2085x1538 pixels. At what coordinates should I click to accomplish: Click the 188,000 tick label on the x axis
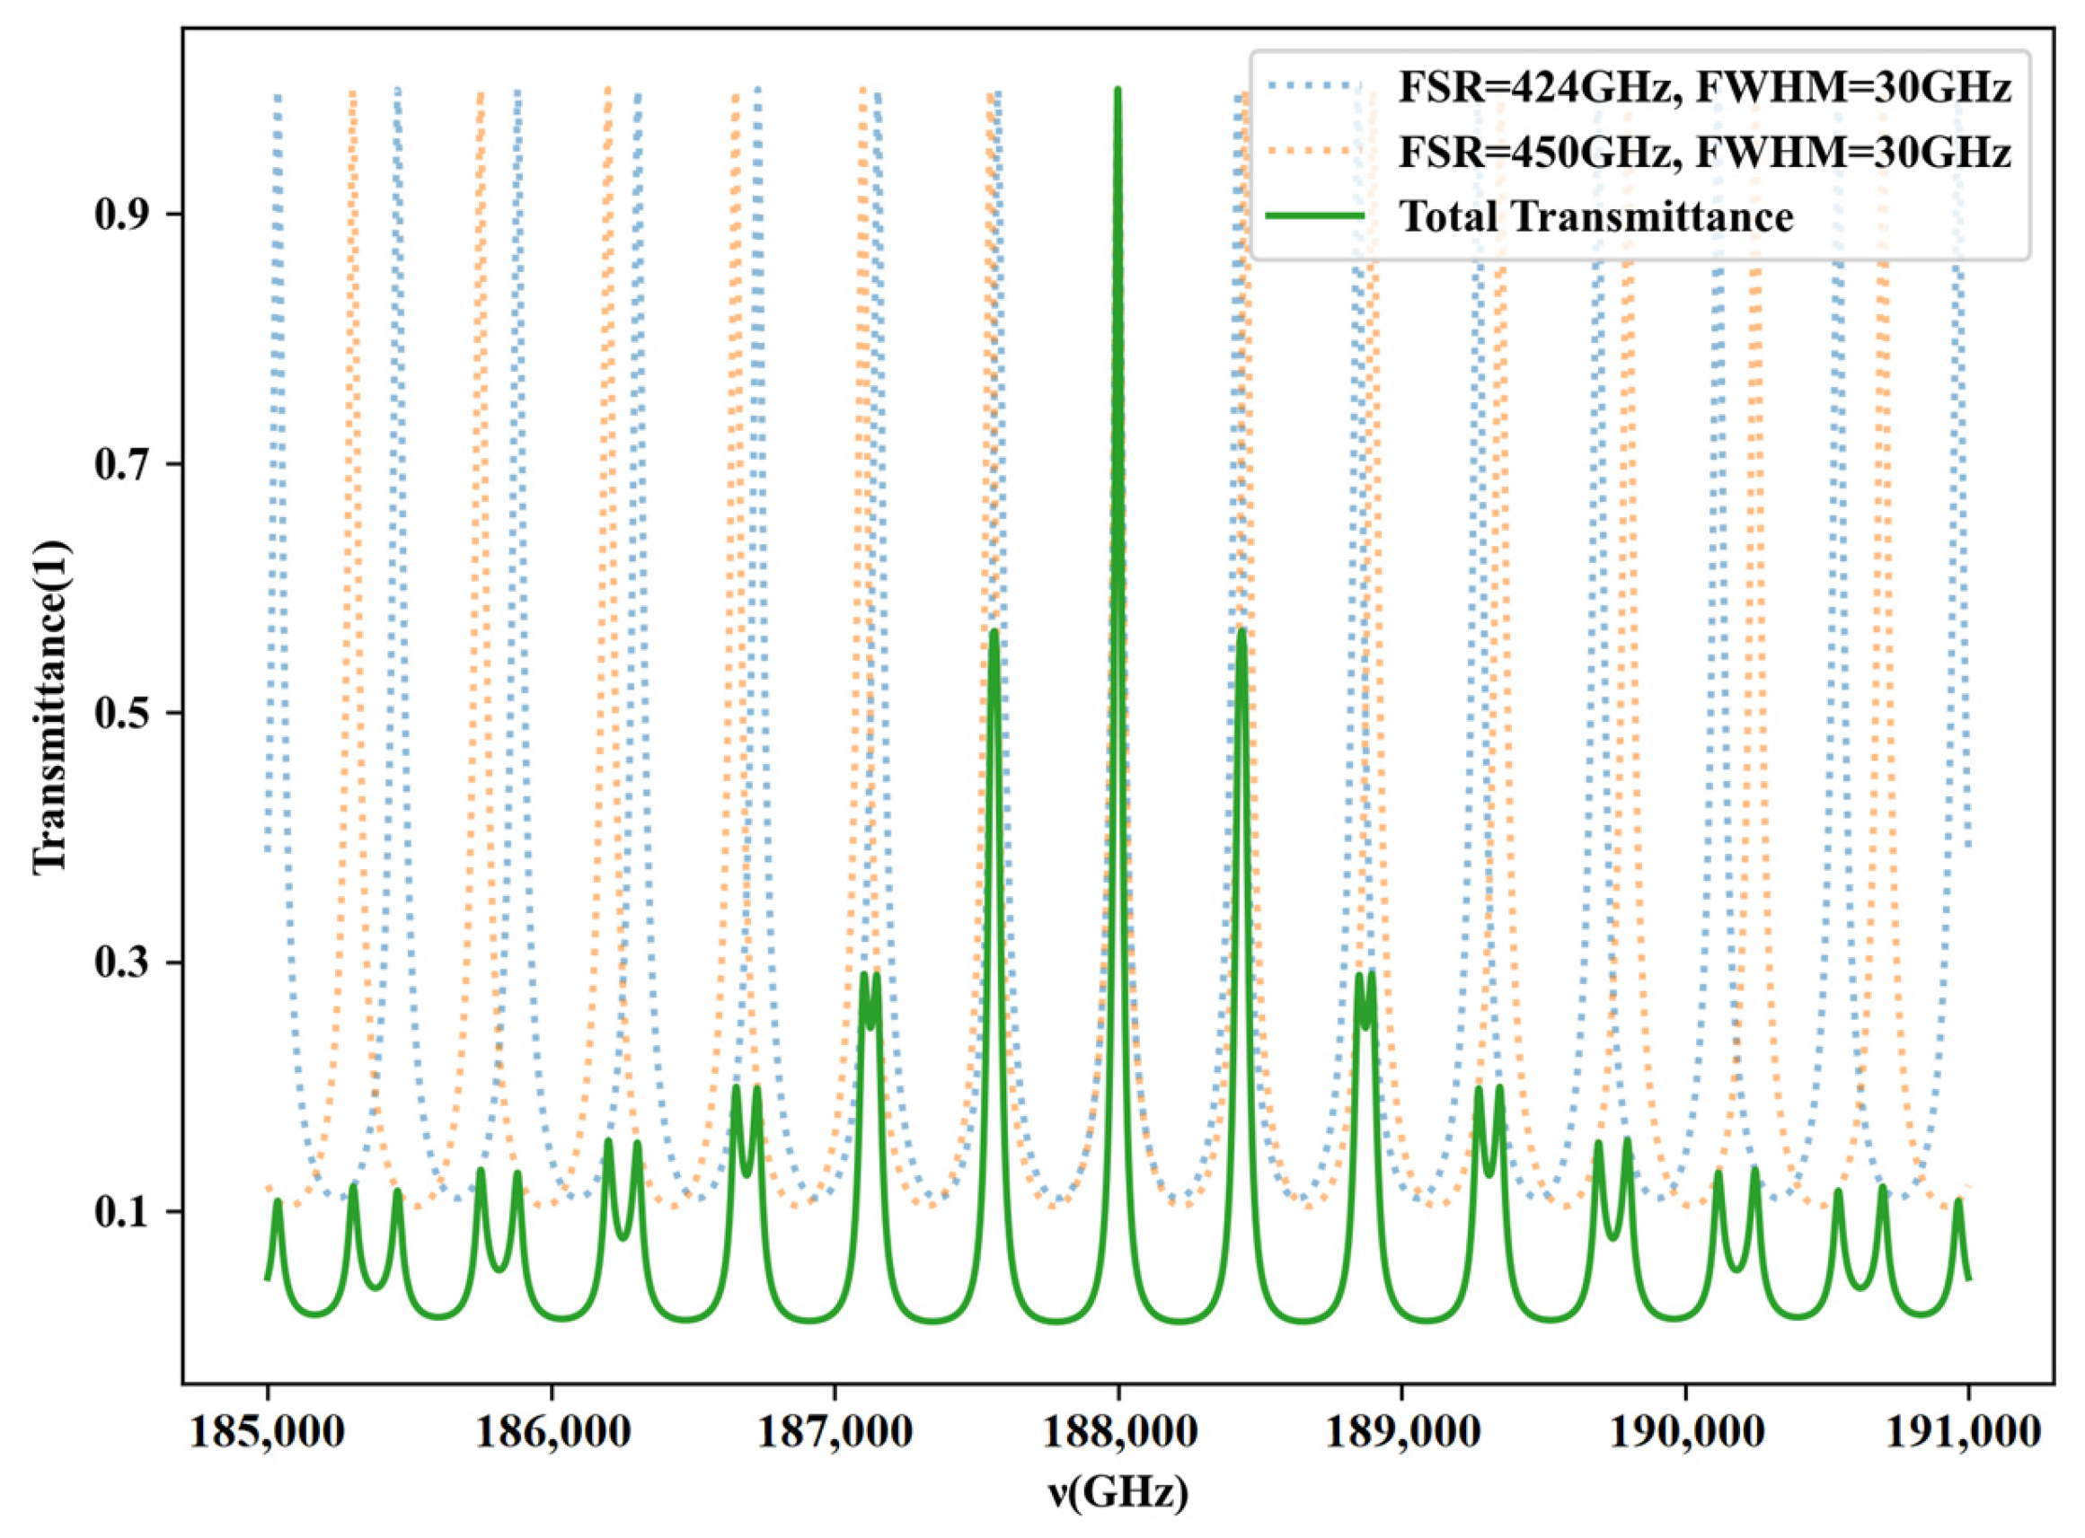1118,1435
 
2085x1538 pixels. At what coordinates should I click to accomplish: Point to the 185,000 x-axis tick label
268,1435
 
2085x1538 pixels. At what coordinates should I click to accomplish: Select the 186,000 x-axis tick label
552,1435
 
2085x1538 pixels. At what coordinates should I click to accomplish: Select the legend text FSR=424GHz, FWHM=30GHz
1704,89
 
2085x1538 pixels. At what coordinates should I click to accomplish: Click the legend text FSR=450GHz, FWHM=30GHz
1704,152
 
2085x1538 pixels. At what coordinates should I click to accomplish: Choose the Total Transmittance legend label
1596,217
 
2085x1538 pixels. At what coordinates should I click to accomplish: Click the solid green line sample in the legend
1316,216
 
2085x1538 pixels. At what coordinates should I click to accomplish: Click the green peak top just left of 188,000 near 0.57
994,634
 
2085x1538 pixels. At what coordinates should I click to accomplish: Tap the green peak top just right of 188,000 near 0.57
1241,634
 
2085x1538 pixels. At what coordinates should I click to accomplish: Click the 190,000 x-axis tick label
1684,1435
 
